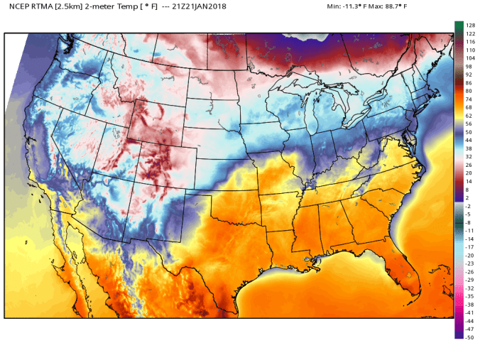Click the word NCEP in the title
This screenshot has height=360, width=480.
click(20, 6)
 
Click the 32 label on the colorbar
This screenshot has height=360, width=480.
click(469, 157)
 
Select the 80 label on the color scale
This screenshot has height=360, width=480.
click(469, 91)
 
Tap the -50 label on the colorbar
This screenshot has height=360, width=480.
click(469, 337)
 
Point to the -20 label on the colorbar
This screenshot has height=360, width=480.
click(469, 256)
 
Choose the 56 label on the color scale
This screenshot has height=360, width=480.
click(469, 124)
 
